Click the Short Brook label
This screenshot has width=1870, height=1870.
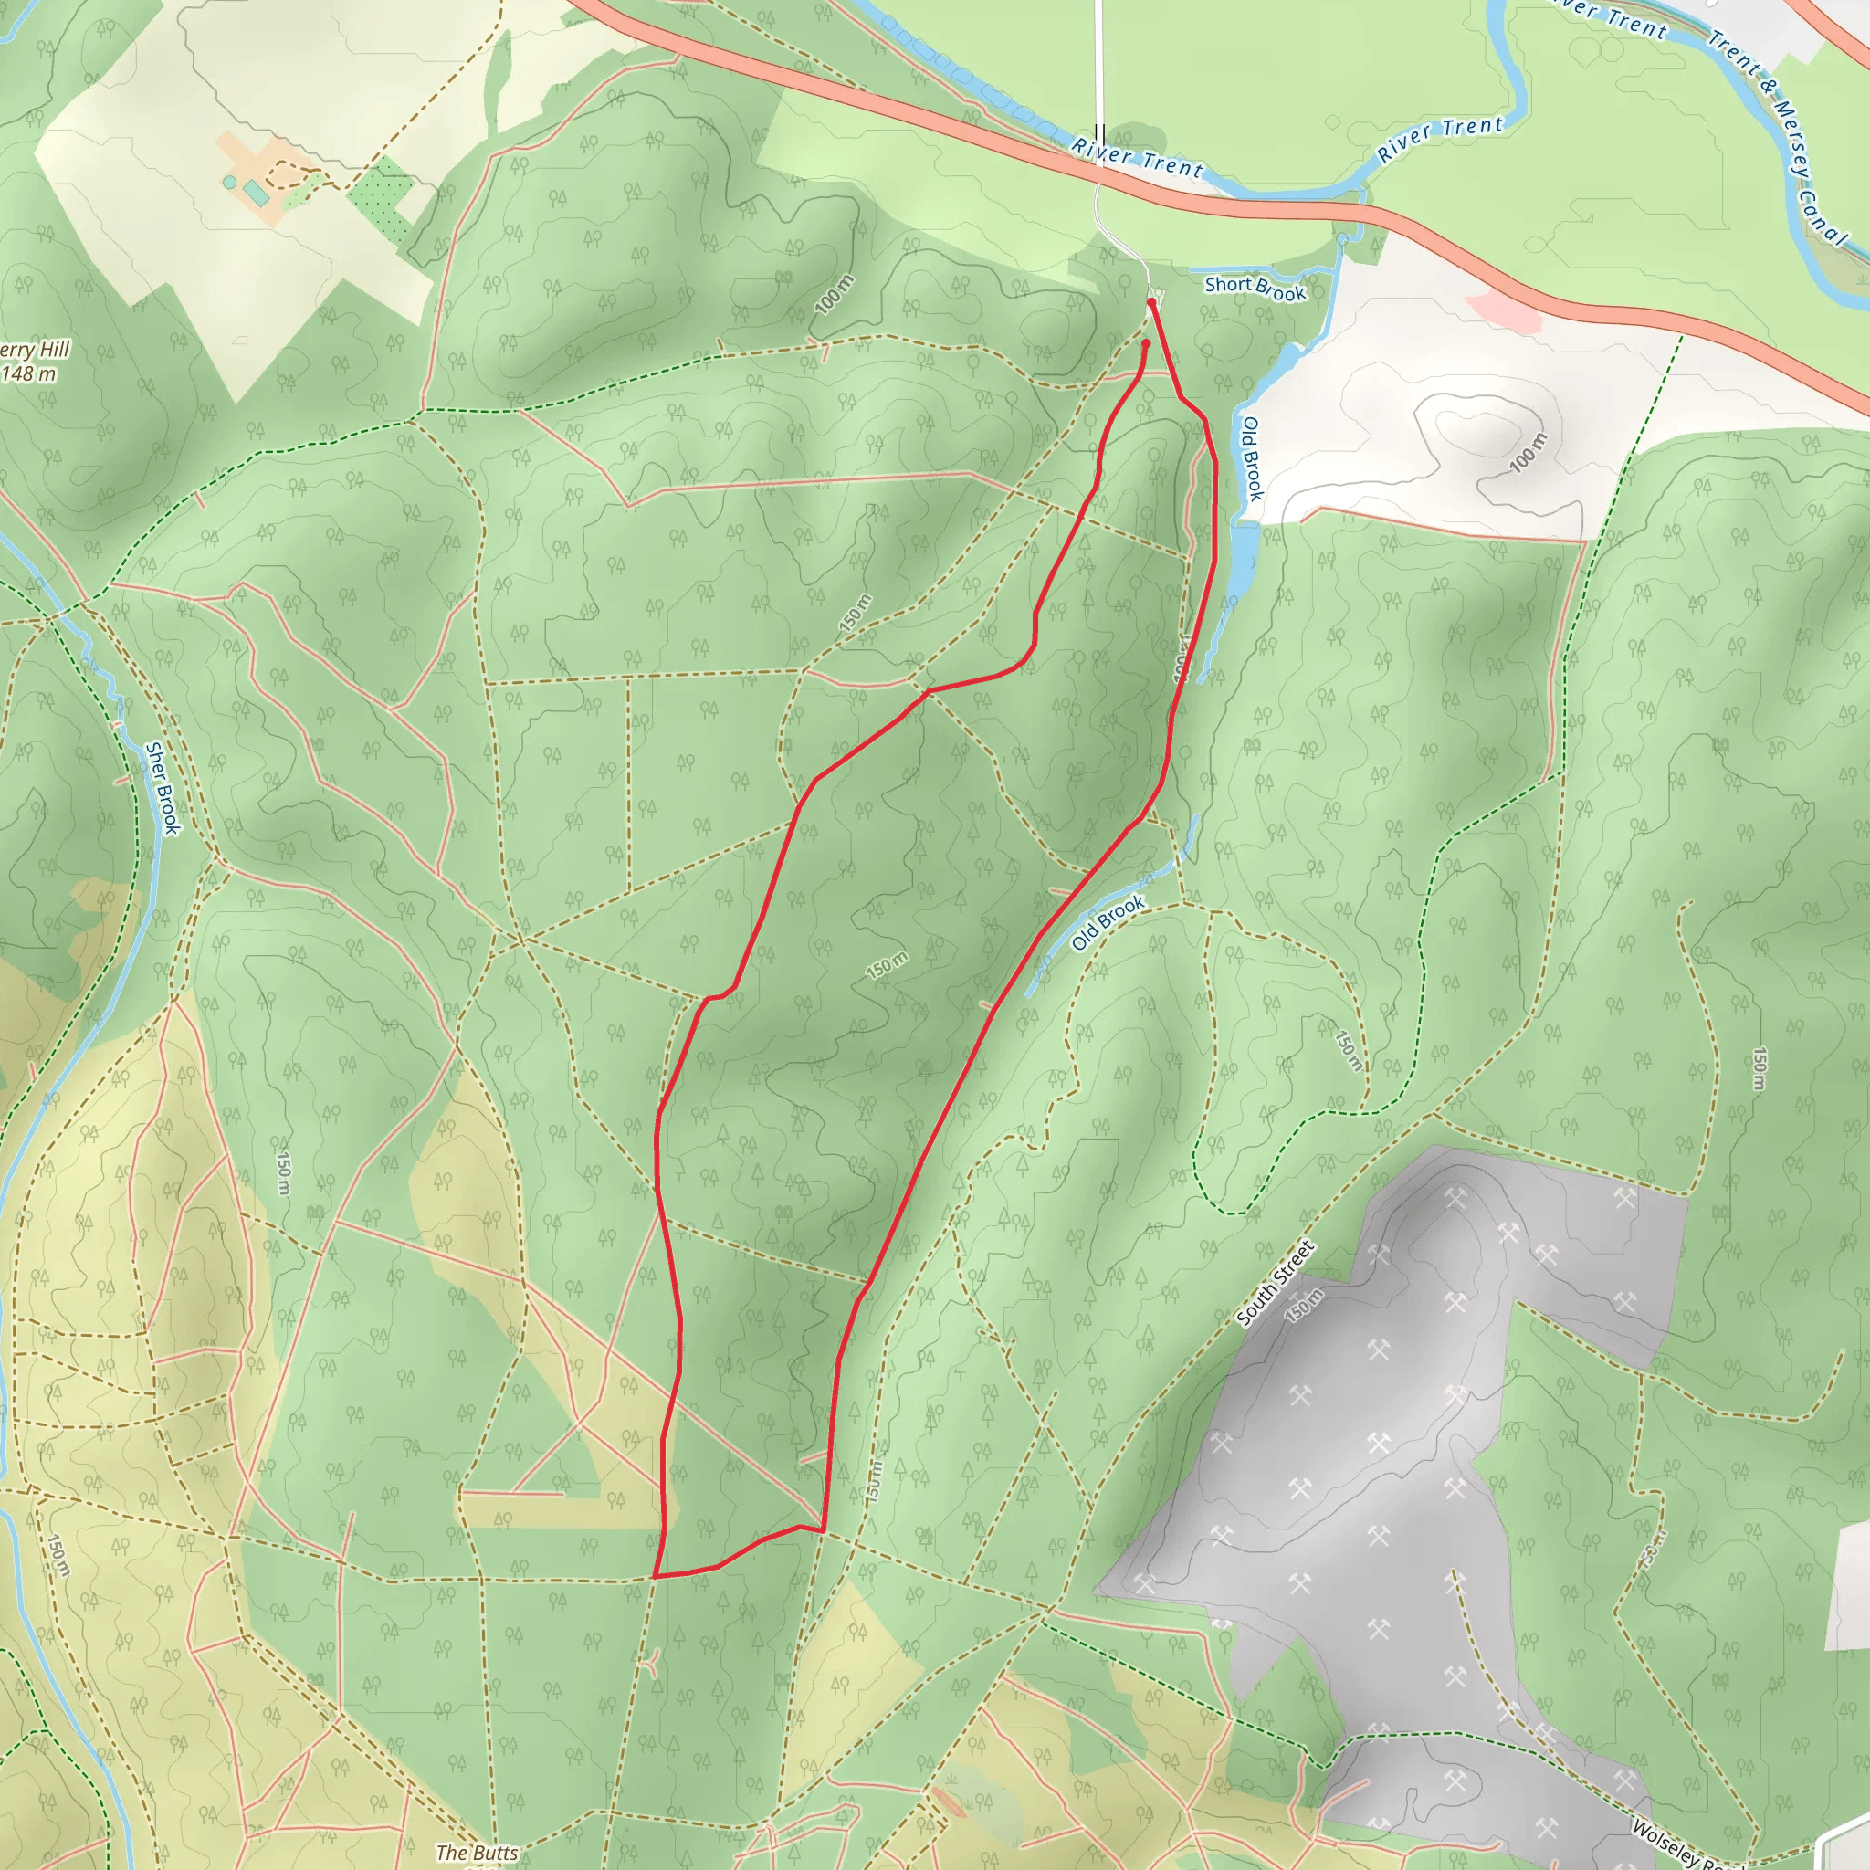click(x=1255, y=288)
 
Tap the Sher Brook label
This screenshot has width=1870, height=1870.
click(x=163, y=788)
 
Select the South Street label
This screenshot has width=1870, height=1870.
click(x=1276, y=1284)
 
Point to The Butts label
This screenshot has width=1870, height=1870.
click(x=477, y=1853)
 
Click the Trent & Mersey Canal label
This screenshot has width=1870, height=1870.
click(x=1777, y=135)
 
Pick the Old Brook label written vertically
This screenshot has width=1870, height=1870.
click(x=1252, y=458)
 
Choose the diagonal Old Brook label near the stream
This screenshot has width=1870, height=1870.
click(x=1108, y=922)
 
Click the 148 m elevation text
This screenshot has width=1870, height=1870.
click(x=29, y=373)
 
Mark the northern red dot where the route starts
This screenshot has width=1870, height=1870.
click(x=1150, y=303)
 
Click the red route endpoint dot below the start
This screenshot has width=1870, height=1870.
click(x=1145, y=342)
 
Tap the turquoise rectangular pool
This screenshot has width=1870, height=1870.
click(x=256, y=194)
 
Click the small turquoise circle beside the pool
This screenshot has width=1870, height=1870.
click(x=229, y=182)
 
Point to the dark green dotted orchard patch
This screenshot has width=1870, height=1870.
click(x=381, y=199)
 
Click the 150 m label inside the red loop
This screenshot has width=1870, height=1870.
click(x=887, y=966)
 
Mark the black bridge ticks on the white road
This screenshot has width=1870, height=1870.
click(x=1098, y=132)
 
